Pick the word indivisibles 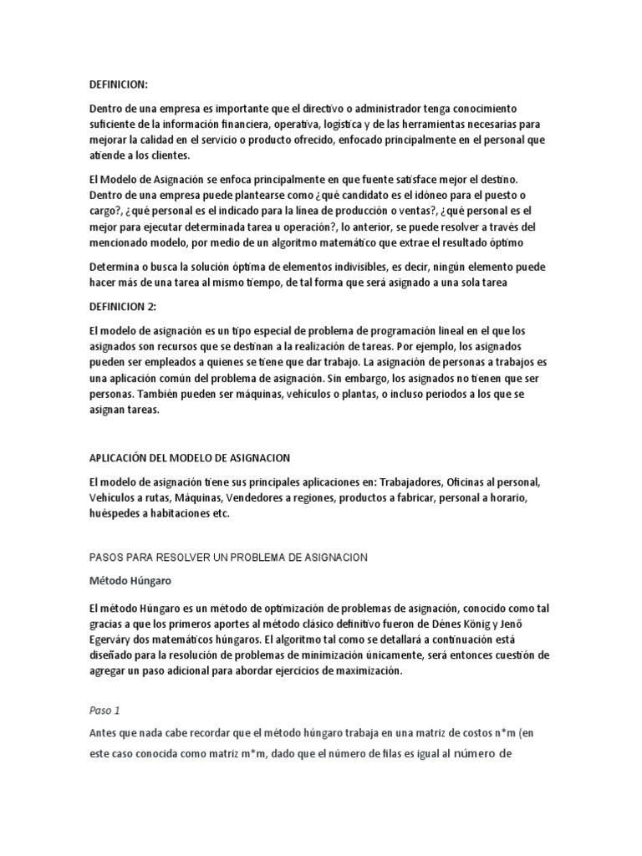coord(334,267)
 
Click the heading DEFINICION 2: coord(122,306)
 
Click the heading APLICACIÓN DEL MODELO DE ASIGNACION coord(189,458)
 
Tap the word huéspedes coord(116,514)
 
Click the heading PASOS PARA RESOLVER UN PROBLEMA coord(228,556)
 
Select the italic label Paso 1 coord(104,711)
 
